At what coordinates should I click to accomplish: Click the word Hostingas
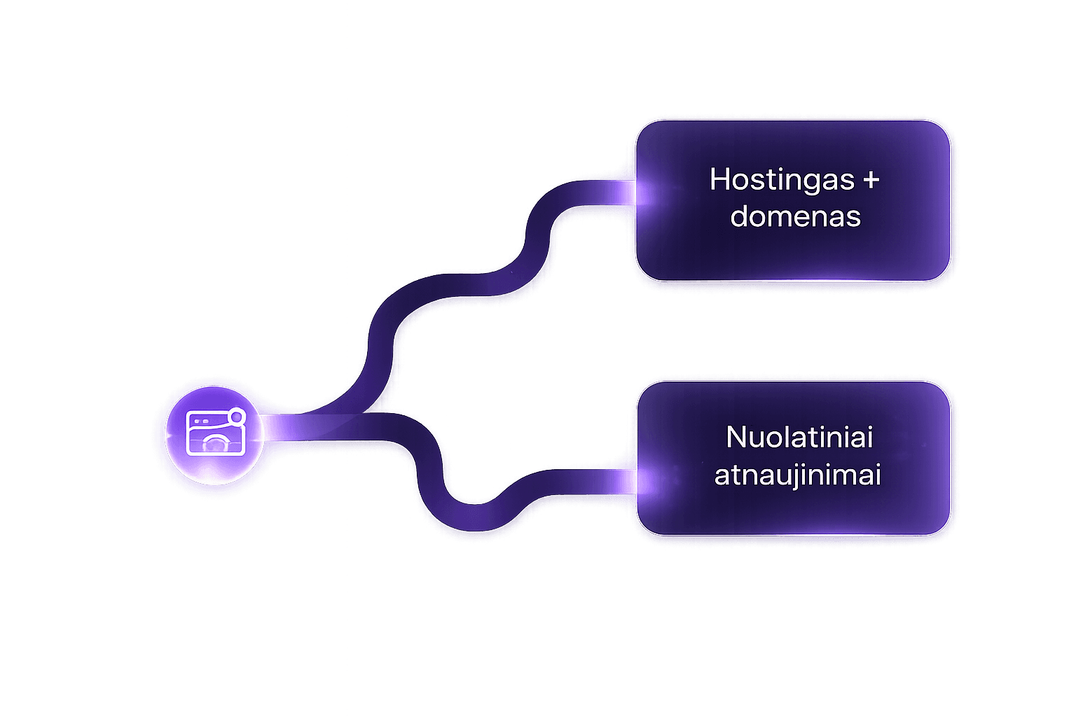click(782, 180)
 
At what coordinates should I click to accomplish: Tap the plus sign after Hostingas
click(870, 180)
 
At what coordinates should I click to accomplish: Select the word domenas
click(795, 216)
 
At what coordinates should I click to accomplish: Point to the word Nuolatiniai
click(799, 438)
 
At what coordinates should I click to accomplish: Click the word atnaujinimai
click(797, 475)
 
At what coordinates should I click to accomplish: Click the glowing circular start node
click(214, 435)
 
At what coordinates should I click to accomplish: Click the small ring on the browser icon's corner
click(237, 417)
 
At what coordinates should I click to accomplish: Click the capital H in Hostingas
click(719, 180)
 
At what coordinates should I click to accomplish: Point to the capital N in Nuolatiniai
click(736, 438)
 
